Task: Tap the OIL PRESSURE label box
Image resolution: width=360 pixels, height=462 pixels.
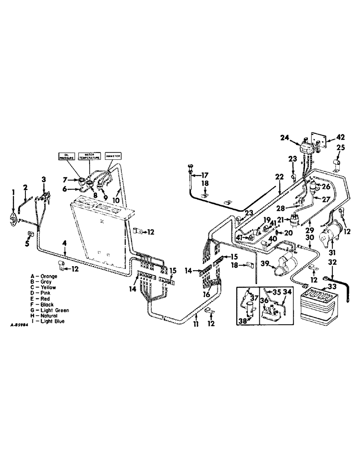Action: click(67, 156)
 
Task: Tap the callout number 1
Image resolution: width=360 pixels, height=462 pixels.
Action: click(13, 191)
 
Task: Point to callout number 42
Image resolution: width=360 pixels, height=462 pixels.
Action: click(340, 137)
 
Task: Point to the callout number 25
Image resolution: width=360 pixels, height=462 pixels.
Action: click(341, 148)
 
